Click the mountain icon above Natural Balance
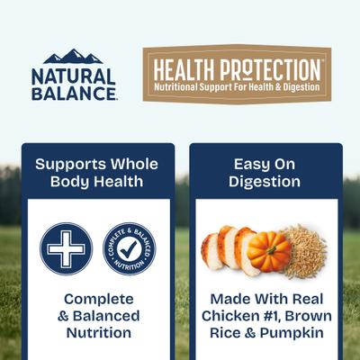(x=74, y=57)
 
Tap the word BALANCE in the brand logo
(x=74, y=92)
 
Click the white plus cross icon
(x=66, y=248)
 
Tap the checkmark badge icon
(x=129, y=248)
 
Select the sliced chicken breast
(x=226, y=248)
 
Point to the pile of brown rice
(x=306, y=252)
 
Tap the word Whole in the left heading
(x=133, y=165)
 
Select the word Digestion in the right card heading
(x=266, y=182)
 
